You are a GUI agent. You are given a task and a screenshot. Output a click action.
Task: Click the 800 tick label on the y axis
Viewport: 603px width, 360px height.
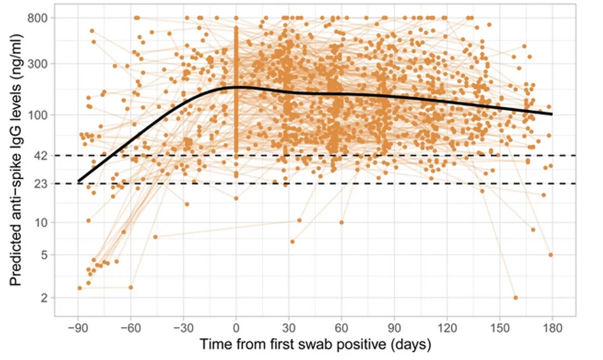tap(42, 18)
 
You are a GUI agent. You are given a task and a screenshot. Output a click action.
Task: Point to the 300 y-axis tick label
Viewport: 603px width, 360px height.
tap(42, 64)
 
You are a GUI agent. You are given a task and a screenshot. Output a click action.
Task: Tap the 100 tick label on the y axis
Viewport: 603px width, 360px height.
tap(42, 115)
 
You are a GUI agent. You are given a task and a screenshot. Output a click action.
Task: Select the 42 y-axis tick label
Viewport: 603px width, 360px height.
tap(44, 155)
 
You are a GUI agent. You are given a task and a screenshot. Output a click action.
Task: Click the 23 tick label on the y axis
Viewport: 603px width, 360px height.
tap(44, 184)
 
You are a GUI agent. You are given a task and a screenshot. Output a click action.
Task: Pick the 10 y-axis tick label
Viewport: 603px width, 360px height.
tap(44, 223)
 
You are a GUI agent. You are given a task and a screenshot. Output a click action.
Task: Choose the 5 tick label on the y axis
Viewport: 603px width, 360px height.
tap(47, 255)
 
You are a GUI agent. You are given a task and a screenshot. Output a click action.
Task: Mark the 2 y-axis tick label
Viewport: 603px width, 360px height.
tap(47, 298)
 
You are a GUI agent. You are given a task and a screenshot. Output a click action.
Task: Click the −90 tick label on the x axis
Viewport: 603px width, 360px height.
tap(78, 327)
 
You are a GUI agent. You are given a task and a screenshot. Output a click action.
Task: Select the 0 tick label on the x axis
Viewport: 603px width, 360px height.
tap(236, 327)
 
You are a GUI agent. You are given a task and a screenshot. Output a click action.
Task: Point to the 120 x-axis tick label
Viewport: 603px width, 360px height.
tap(447, 327)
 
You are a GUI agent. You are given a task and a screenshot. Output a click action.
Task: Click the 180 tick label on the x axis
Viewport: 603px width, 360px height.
tap(552, 327)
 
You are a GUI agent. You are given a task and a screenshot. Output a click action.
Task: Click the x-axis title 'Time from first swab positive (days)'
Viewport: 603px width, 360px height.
tap(315, 345)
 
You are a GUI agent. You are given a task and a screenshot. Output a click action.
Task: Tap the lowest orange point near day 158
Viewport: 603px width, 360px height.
tap(515, 298)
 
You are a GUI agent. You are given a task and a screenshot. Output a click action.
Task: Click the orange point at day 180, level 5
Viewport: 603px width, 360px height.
tap(551, 255)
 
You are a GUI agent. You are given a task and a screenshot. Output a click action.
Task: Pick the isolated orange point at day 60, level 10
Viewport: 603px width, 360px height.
tap(341, 223)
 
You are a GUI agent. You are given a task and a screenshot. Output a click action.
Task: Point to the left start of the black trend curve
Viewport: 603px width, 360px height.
tap(78, 182)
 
